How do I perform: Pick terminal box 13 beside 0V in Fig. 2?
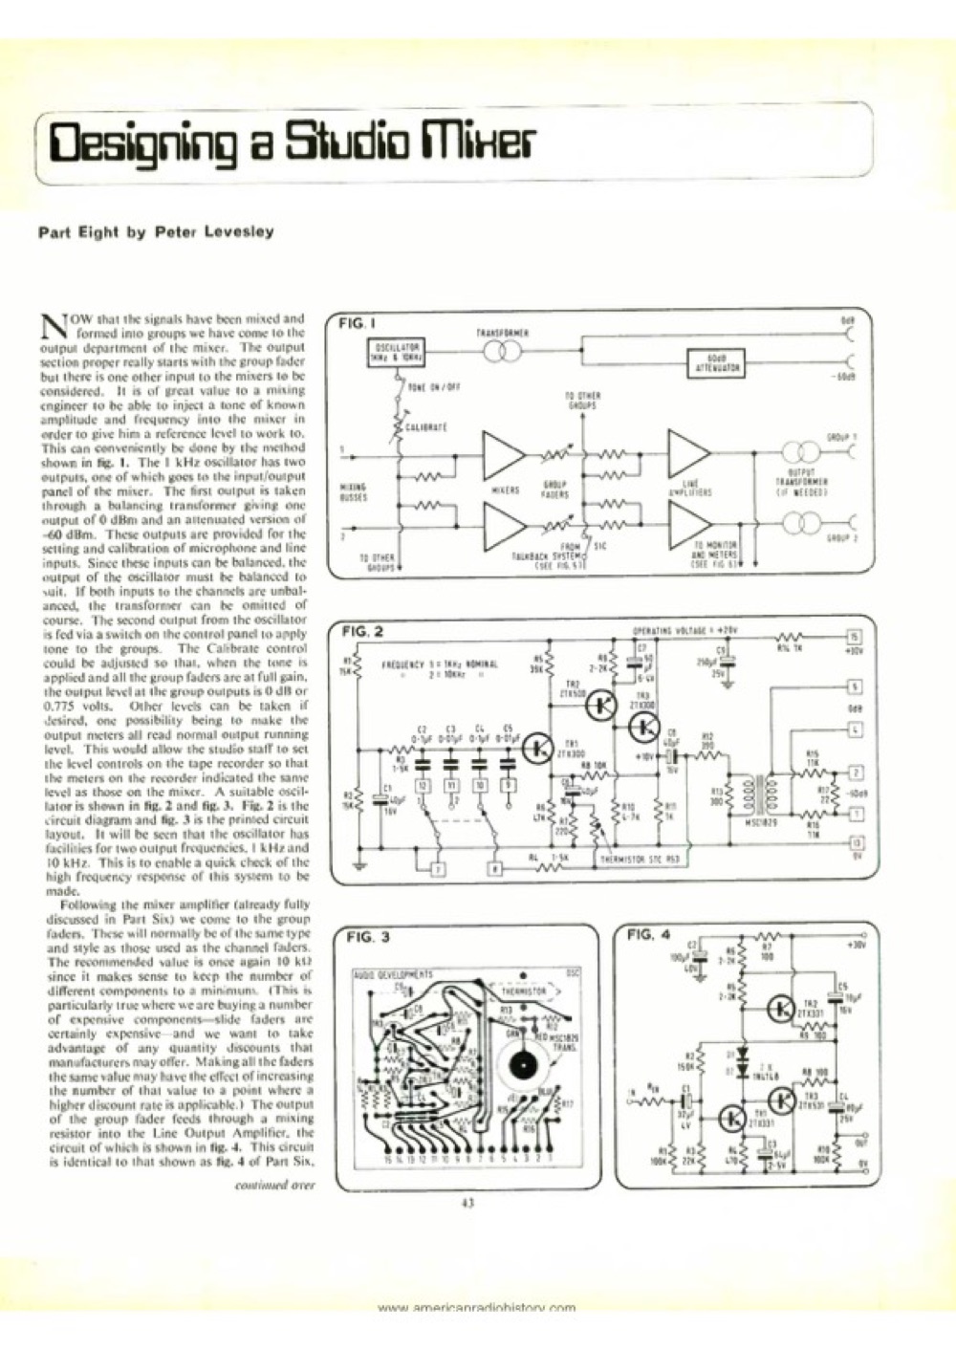854,842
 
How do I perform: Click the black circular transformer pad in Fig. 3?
522,1062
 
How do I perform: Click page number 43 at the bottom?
467,1205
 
